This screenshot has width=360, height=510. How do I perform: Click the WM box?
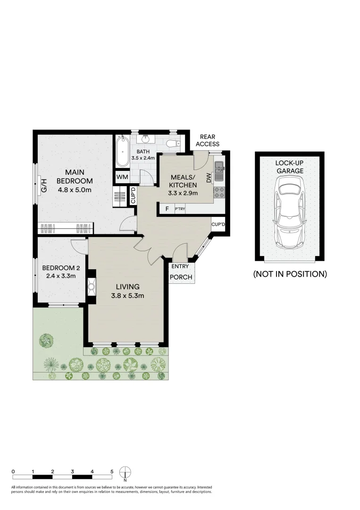[122, 177]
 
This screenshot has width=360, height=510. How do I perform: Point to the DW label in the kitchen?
[208, 177]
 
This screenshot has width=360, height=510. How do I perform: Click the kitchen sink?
[219, 171]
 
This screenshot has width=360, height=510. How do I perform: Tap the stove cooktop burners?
[219, 192]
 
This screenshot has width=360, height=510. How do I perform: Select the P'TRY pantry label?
[180, 208]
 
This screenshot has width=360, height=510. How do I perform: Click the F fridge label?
[166, 208]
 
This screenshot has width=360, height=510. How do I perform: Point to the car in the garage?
[289, 210]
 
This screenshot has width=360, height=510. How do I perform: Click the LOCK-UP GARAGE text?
[289, 167]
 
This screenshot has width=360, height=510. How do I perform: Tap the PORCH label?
[181, 277]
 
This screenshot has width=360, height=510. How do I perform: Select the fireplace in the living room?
[92, 285]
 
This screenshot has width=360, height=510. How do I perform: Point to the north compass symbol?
[126, 472]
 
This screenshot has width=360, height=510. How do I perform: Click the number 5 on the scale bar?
[112, 471]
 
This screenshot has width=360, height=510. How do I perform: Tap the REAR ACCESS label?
[208, 140]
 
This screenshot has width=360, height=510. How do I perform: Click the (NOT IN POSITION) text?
[290, 274]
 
